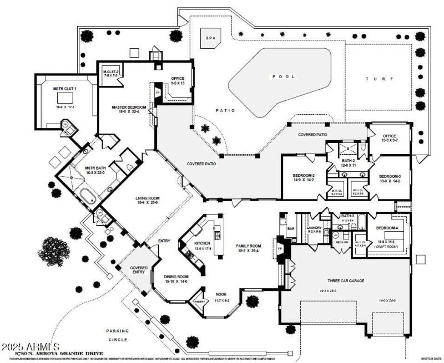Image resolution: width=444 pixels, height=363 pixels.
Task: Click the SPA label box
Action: [x=210, y=38]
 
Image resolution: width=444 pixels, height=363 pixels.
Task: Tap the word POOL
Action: [x=283, y=76]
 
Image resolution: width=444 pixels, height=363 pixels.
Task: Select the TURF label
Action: [x=375, y=79]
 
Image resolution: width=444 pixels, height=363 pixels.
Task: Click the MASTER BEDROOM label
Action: [x=128, y=108]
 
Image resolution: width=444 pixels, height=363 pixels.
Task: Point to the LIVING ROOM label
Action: [x=147, y=198]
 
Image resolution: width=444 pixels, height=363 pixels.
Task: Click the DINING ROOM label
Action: [x=176, y=278]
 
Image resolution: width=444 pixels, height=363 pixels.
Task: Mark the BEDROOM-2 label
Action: [x=304, y=177]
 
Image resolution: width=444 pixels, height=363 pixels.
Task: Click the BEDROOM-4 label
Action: [x=387, y=228]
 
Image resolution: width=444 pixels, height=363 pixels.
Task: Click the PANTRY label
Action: [x=199, y=301]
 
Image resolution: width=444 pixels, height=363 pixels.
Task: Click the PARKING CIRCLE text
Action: [x=117, y=335]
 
